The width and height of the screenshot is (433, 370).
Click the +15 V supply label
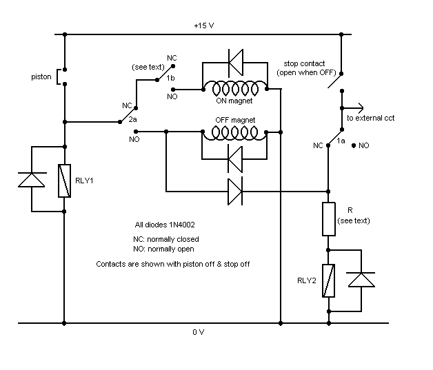click(204, 25)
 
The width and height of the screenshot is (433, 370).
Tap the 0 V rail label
click(199, 332)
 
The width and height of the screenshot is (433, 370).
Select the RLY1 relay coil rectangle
click(64, 181)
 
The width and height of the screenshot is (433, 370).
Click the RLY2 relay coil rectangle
click(329, 280)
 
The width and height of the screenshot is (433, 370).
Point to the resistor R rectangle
click(329, 219)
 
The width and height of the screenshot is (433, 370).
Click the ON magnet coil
click(235, 88)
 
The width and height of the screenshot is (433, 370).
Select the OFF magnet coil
click(234, 133)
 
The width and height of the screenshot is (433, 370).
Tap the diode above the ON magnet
click(236, 63)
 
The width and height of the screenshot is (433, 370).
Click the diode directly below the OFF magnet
click(235, 159)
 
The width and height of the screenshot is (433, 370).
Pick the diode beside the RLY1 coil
click(32, 180)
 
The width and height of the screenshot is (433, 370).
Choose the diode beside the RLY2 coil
click(361, 280)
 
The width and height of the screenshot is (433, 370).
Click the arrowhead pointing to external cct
click(361, 108)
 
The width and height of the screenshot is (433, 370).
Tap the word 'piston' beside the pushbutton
click(41, 76)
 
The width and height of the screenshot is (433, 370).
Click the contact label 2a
click(132, 119)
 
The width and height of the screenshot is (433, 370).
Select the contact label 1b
click(170, 78)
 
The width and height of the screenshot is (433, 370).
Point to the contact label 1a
click(341, 141)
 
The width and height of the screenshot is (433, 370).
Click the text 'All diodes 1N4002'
click(165, 225)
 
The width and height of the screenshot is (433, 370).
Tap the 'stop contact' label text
click(304, 63)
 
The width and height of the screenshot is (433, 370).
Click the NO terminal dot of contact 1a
click(354, 145)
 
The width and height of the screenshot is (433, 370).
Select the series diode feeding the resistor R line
click(235, 192)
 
